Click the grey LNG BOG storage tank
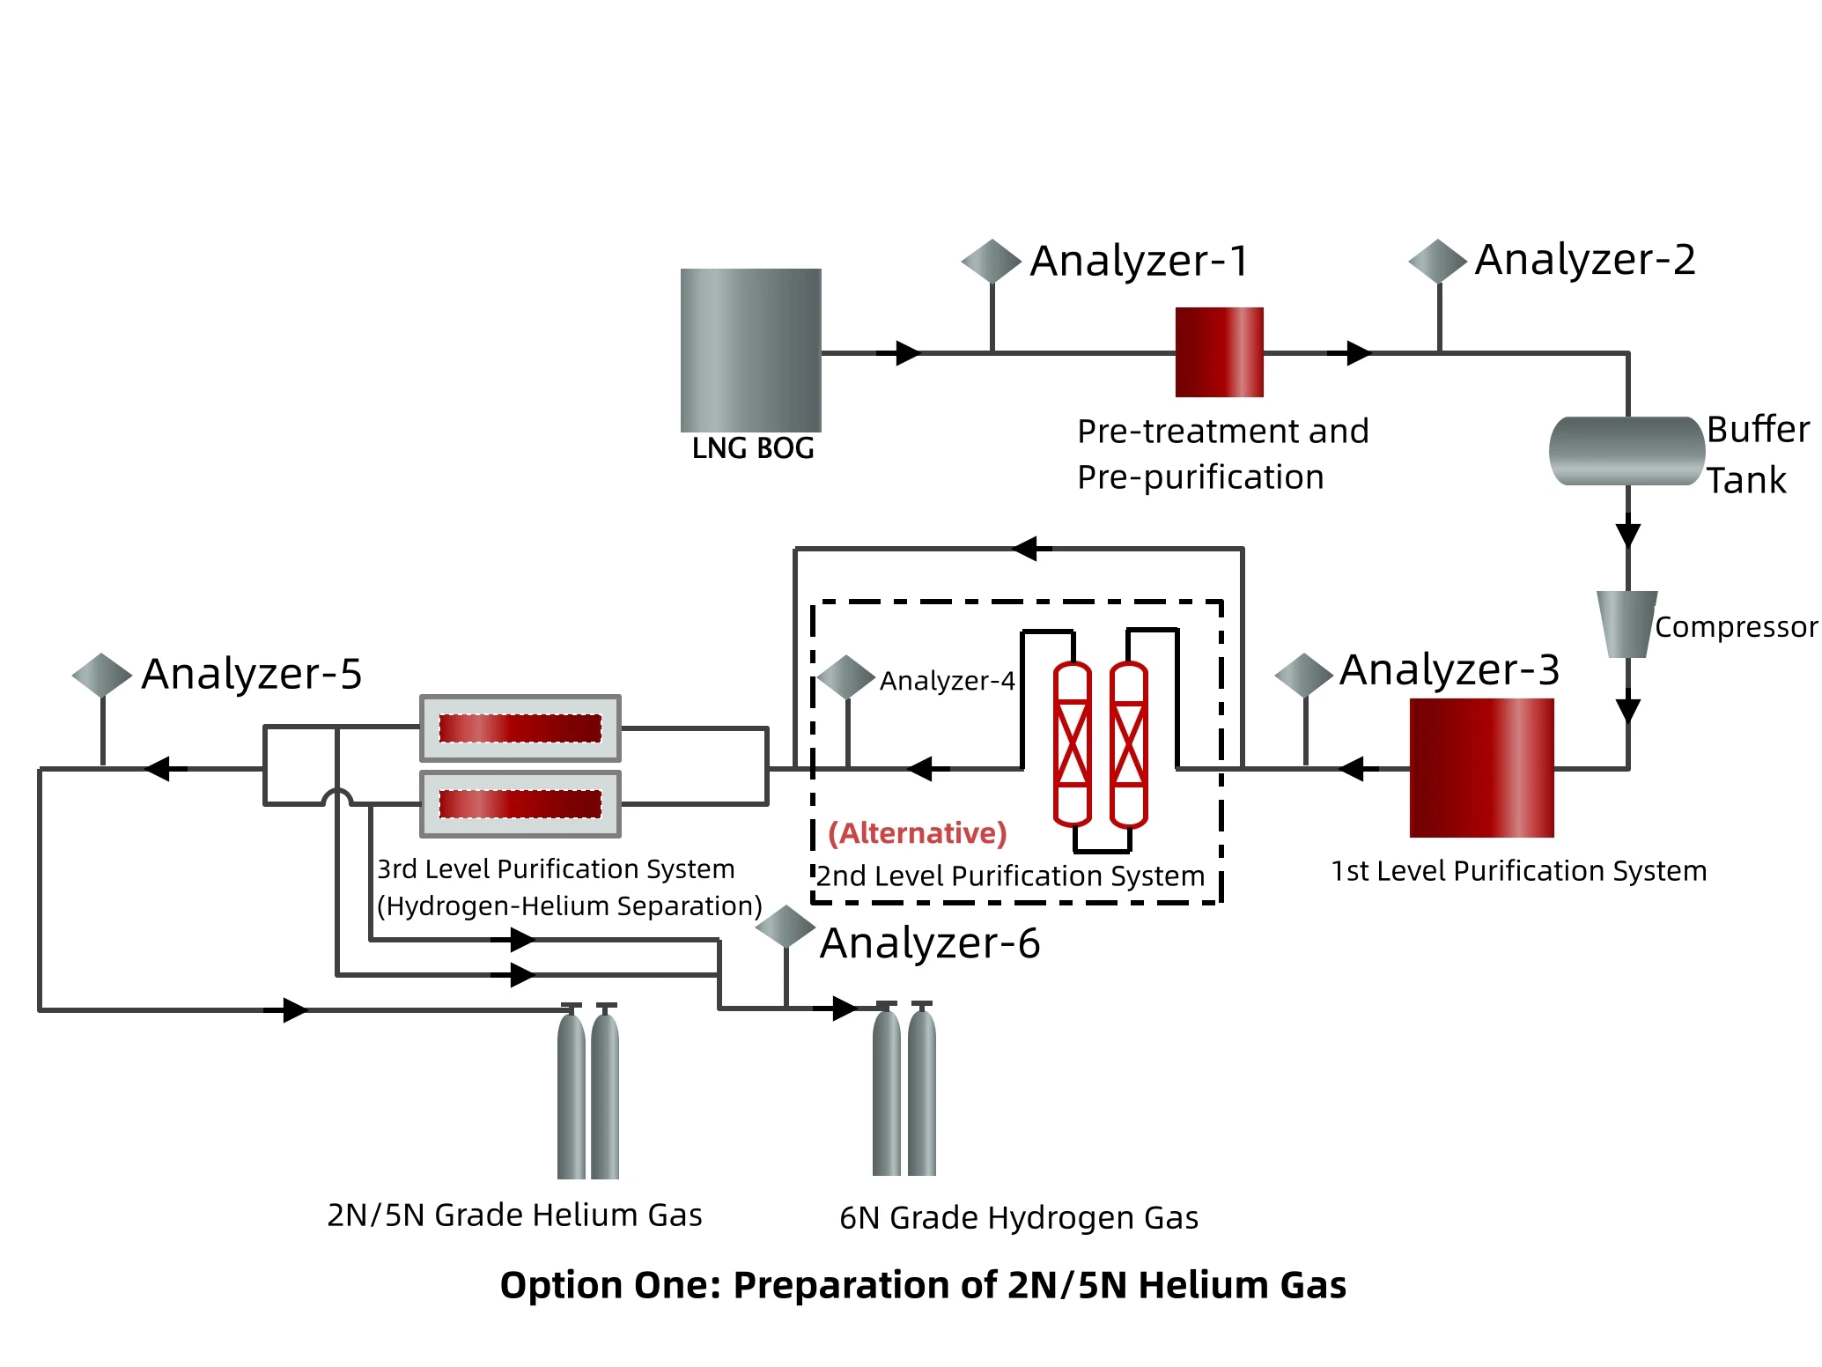coord(750,350)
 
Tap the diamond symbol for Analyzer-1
coord(991,261)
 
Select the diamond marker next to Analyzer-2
coord(1437,261)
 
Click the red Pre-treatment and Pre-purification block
coord(1219,351)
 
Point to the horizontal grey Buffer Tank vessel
coord(1626,451)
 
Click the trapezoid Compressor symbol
coord(1627,624)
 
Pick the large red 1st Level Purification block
coord(1481,767)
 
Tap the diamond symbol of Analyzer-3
coord(1303,676)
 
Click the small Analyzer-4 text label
coord(947,681)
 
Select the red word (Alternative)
coord(917,832)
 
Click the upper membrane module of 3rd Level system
coord(520,728)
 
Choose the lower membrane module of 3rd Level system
coord(520,803)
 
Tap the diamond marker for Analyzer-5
coord(101,675)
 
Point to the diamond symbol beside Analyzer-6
coord(785,927)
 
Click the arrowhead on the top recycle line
coord(1027,549)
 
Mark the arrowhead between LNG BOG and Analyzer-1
coord(907,353)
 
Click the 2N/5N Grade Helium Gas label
coord(514,1215)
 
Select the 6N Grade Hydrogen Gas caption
coord(1019,1217)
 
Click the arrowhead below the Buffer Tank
coord(1627,535)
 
